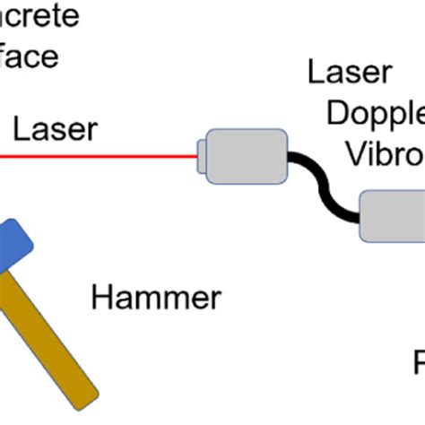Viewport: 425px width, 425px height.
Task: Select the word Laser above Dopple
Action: [350, 73]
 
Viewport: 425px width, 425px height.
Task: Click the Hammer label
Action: [155, 298]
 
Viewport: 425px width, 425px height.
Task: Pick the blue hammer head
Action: [13, 247]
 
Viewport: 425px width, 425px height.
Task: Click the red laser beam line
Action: [99, 156]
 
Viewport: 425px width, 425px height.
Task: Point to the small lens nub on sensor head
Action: [202, 156]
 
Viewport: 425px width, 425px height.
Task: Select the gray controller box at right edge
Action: [392, 216]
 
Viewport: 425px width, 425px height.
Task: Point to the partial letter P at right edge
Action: [418, 363]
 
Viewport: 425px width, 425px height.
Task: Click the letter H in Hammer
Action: [101, 298]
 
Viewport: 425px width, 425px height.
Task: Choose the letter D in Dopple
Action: [337, 114]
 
